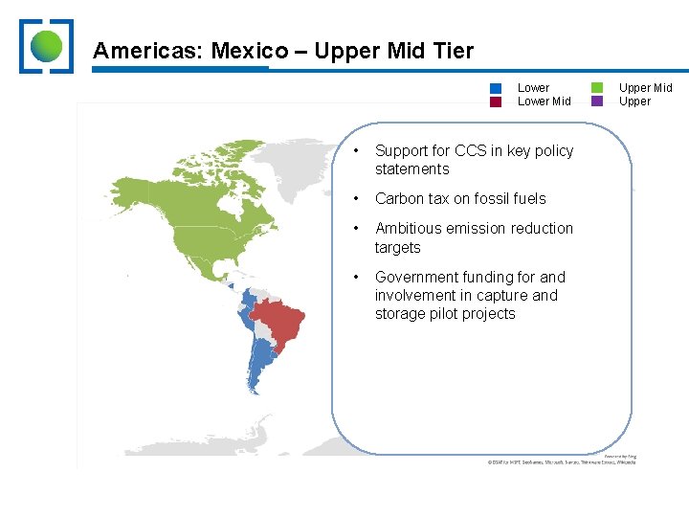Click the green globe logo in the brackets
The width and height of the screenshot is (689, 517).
(46, 46)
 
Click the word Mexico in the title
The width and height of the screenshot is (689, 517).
(250, 51)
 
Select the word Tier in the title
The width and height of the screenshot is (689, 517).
(452, 51)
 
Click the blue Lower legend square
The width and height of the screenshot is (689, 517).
(496, 88)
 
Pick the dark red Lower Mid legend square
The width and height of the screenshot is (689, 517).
(496, 101)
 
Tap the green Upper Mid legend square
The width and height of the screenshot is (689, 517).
(597, 88)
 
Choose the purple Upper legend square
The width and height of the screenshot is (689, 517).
(597, 101)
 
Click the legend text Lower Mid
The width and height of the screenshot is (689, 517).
(544, 101)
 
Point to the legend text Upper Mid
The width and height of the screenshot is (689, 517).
(645, 88)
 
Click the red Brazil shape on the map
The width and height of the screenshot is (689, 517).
(279, 321)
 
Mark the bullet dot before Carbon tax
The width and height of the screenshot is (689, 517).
(355, 199)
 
